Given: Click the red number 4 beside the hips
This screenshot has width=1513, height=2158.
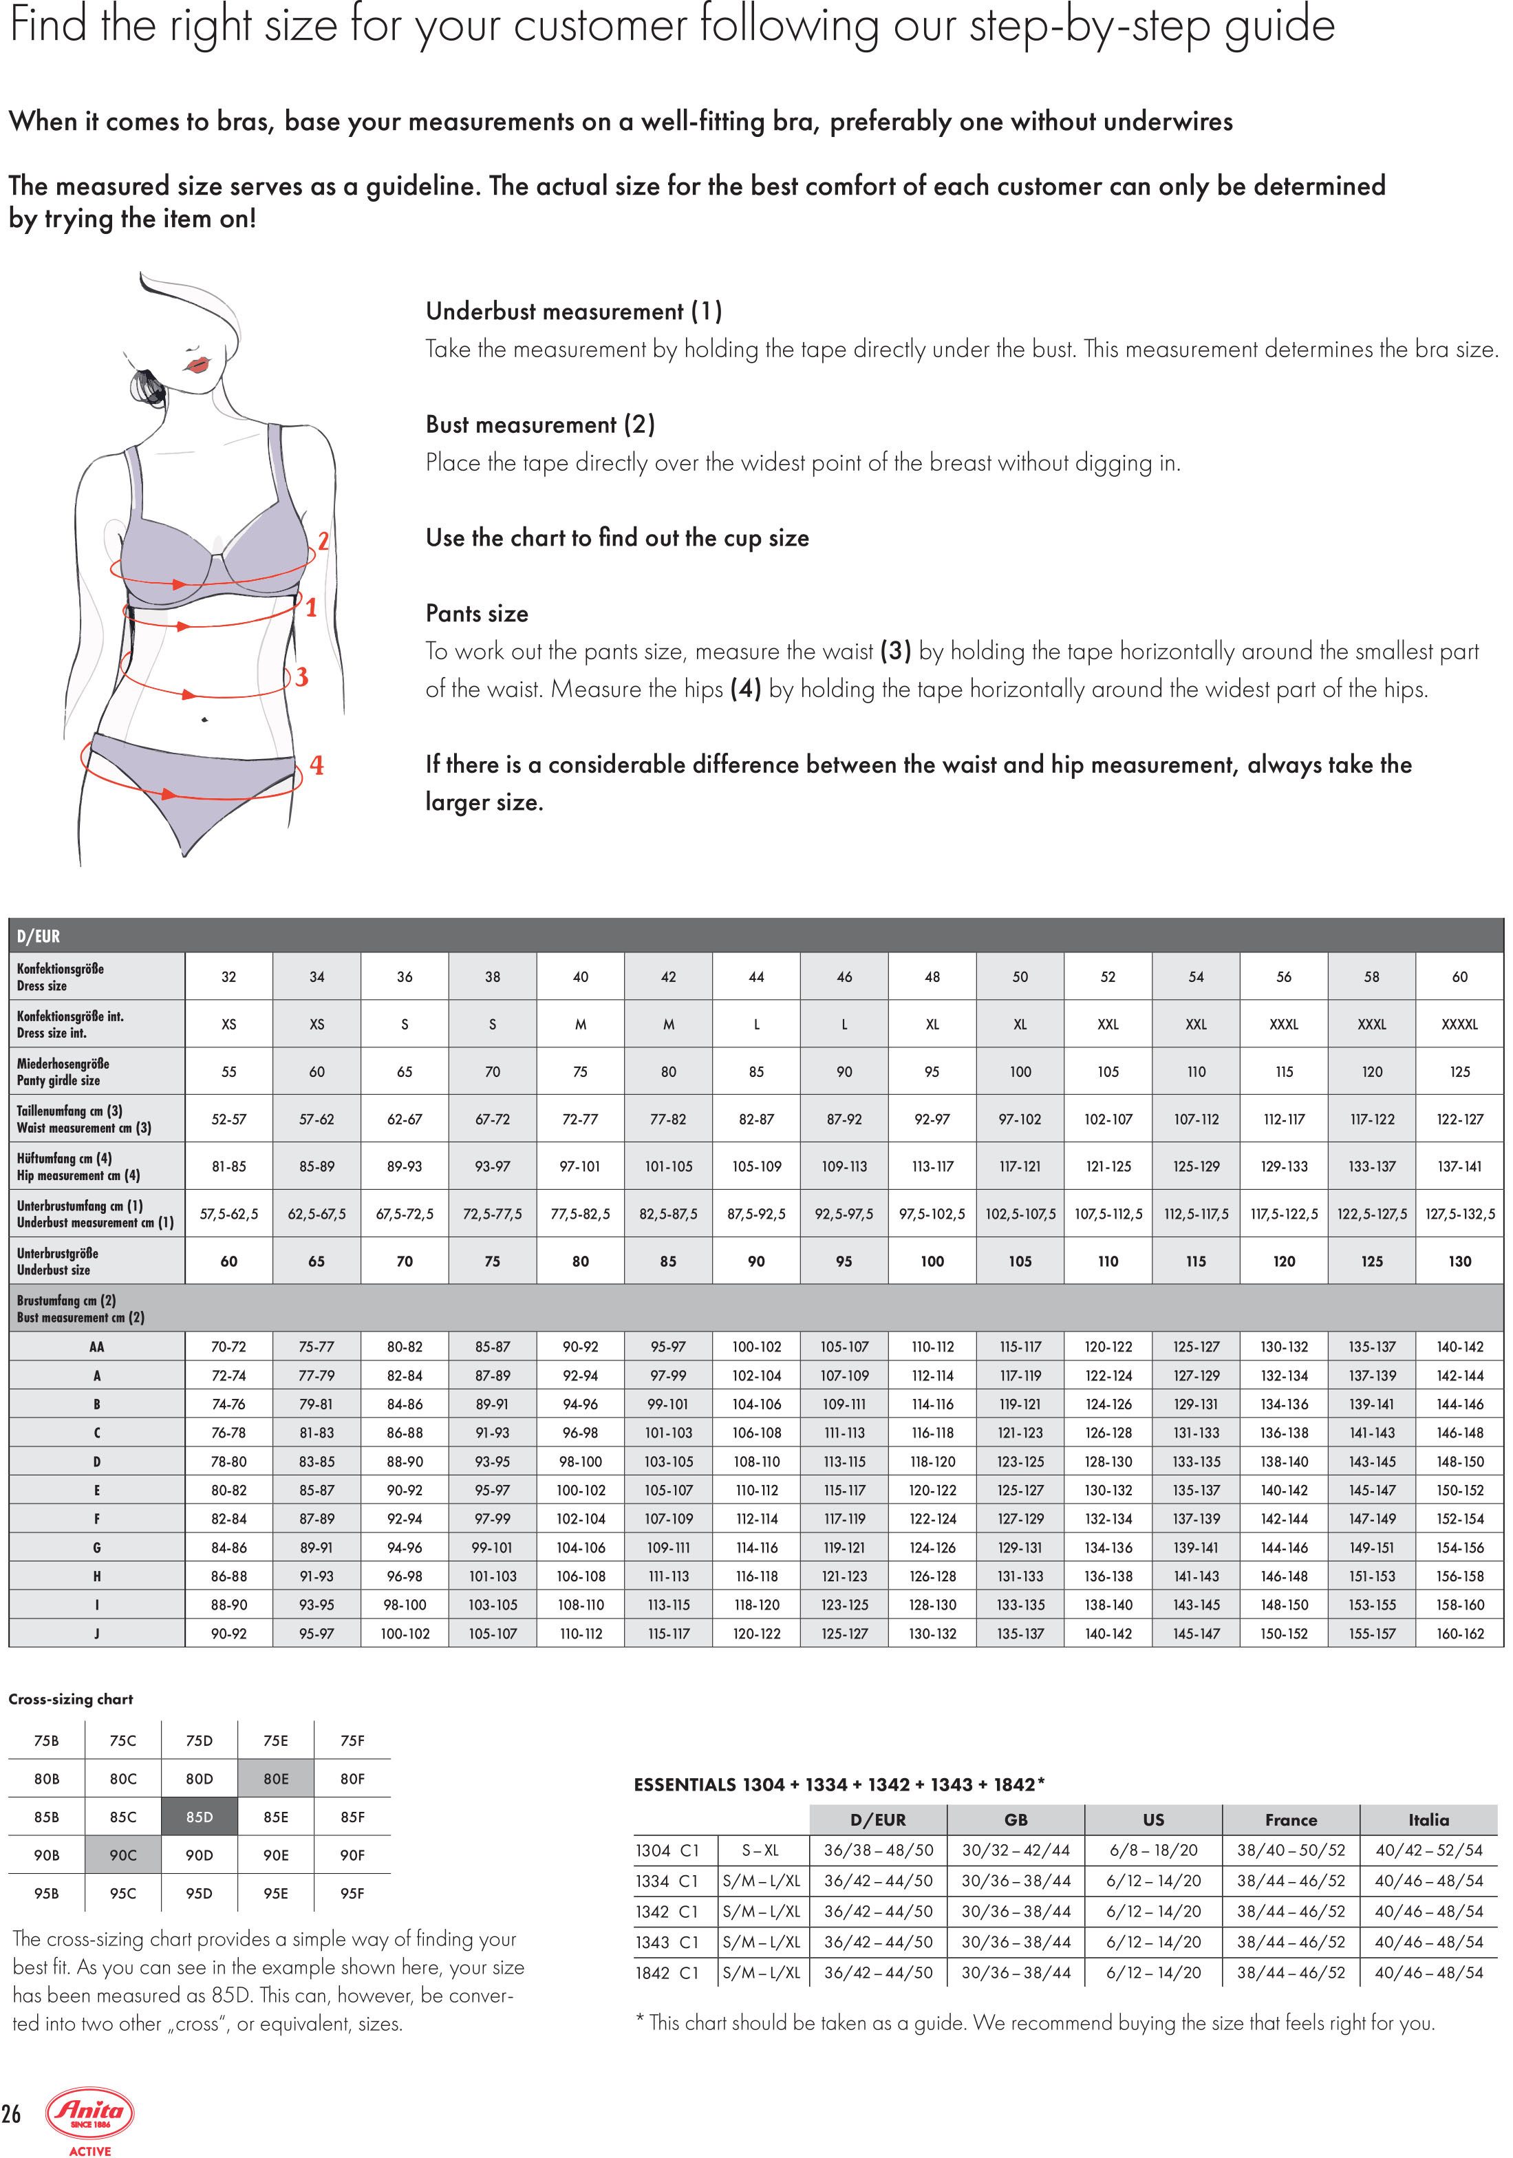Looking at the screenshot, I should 316,766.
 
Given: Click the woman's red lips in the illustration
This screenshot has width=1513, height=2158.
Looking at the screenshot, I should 197,365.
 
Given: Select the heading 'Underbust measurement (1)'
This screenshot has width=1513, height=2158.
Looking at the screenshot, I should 573,311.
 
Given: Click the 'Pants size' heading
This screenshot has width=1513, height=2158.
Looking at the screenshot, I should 476,614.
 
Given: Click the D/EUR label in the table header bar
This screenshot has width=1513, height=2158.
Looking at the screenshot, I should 39,936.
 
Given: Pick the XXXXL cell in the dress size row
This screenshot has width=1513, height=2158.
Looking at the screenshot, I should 1459,1025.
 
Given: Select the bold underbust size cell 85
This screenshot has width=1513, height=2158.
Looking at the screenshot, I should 668,1261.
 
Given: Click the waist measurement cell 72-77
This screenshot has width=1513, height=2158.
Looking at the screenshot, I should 580,1120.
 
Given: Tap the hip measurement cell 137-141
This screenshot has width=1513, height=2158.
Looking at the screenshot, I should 1459,1166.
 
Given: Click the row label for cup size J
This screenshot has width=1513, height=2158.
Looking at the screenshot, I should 97,1634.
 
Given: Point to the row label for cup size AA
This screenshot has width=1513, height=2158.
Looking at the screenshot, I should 97,1347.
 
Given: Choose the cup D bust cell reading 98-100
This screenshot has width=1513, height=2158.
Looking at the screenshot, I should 580,1462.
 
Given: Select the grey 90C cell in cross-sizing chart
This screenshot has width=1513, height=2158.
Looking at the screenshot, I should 123,1855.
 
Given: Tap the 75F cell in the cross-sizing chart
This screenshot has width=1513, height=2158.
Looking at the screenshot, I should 352,1741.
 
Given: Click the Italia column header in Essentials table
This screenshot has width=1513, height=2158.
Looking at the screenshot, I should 1428,1819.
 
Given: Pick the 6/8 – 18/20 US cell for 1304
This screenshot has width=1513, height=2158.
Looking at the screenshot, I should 1153,1850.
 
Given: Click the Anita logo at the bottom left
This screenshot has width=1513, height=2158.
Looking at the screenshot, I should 91,2114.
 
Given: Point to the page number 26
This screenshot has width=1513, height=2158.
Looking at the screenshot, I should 11,2114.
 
